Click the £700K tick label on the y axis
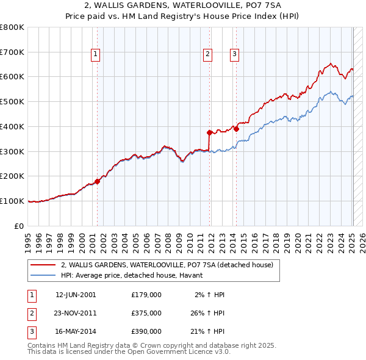pyautogui.click(x=12, y=52)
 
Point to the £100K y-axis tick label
pyautogui.click(x=12, y=201)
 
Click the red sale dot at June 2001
pyautogui.click(x=97, y=181)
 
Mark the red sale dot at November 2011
pyautogui.click(x=209, y=132)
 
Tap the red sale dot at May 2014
pyautogui.click(x=236, y=129)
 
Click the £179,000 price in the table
pyautogui.click(x=146, y=295)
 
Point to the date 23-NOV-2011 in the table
pyautogui.click(x=76, y=313)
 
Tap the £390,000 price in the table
pyautogui.click(x=146, y=331)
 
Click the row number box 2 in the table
pyautogui.click(x=31, y=313)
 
